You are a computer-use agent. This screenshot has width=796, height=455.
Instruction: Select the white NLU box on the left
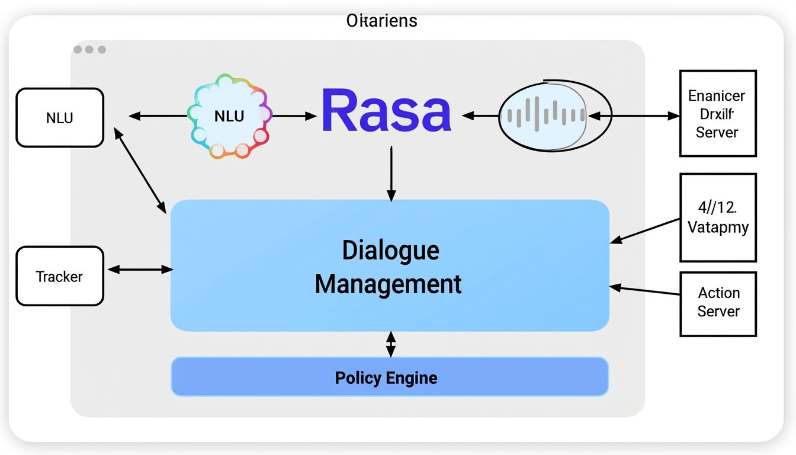pyautogui.click(x=60, y=118)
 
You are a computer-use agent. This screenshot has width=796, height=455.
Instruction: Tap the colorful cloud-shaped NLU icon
pyautogui.click(x=229, y=116)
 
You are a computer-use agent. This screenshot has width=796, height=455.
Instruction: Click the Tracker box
pyautogui.click(x=60, y=276)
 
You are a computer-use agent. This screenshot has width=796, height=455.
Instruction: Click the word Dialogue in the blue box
pyautogui.click(x=390, y=251)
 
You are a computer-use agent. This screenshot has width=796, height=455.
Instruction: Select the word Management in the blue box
pyautogui.click(x=388, y=284)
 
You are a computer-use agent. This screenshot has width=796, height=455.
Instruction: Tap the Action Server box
pyautogui.click(x=718, y=303)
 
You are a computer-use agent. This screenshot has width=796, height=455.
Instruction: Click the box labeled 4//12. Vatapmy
pyautogui.click(x=718, y=217)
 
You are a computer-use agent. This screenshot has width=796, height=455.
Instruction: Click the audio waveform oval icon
pyautogui.click(x=543, y=116)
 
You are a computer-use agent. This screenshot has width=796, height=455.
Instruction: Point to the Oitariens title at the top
pyautogui.click(x=381, y=21)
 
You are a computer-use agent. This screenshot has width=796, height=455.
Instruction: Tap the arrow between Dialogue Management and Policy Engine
pyautogui.click(x=390, y=344)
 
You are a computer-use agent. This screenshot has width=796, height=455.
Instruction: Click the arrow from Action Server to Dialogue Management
pyautogui.click(x=646, y=290)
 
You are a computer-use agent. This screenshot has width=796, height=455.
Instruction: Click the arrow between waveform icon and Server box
pyautogui.click(x=646, y=116)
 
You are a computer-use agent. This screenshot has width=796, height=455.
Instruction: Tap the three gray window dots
pyautogui.click(x=89, y=50)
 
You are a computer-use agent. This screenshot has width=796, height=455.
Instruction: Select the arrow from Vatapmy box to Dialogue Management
pyautogui.click(x=646, y=230)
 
